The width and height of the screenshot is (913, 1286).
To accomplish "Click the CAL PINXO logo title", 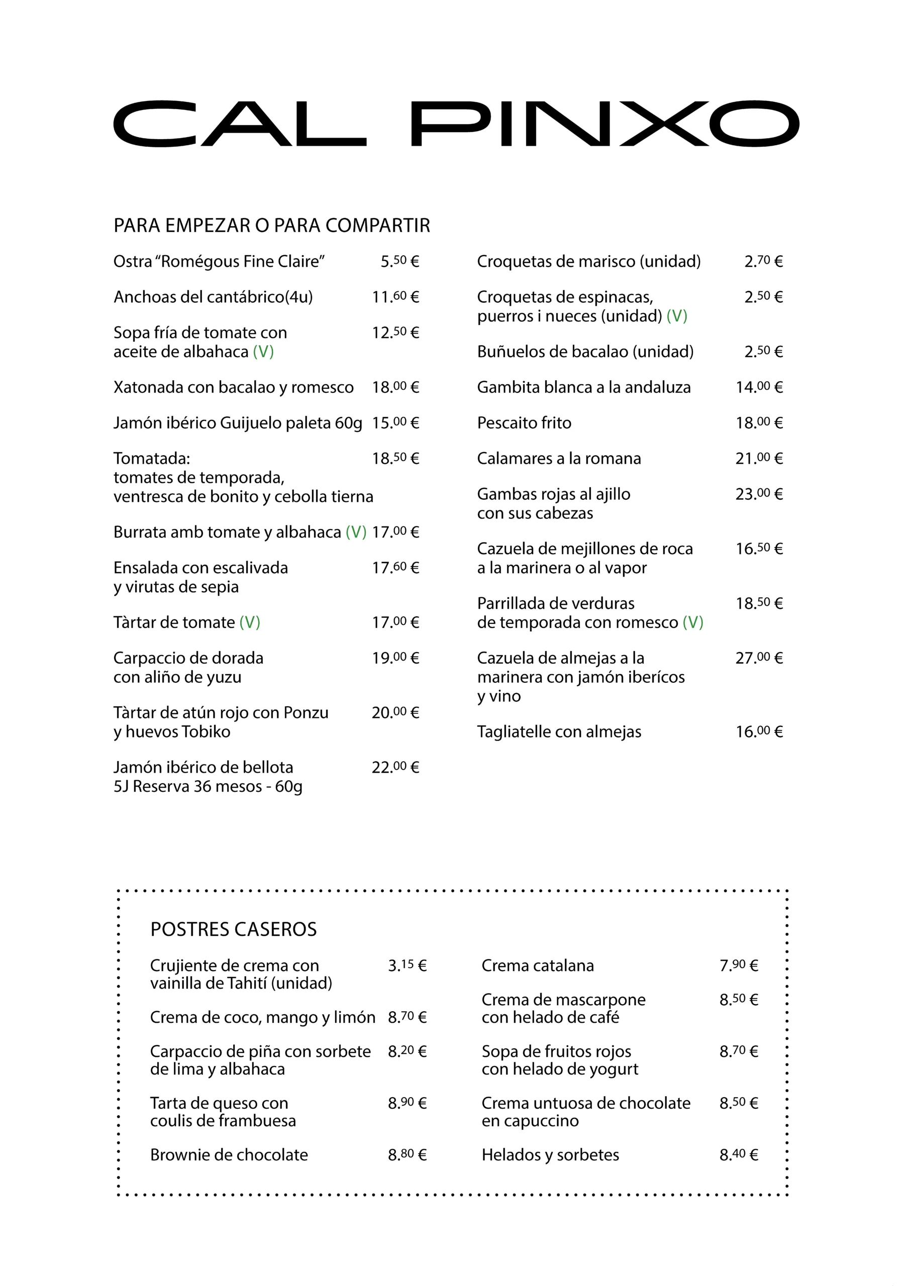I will pyautogui.click(x=456, y=124).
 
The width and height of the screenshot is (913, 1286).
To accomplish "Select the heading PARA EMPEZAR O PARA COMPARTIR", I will pyautogui.click(x=271, y=226).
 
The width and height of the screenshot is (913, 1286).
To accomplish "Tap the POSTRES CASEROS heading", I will pyautogui.click(x=233, y=929).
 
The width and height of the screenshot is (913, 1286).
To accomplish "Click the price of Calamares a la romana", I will pyautogui.click(x=759, y=459).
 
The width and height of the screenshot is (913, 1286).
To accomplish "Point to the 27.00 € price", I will pyautogui.click(x=759, y=658).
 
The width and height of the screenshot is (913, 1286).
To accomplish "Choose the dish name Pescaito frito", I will pyautogui.click(x=524, y=423).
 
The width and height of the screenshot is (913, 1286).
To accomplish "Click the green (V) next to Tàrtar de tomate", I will pyautogui.click(x=250, y=623).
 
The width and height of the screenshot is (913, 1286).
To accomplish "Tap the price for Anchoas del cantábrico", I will pyautogui.click(x=395, y=297).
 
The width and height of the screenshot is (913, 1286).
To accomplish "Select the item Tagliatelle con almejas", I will pyautogui.click(x=559, y=732).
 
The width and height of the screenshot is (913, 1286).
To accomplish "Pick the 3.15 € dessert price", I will pyautogui.click(x=407, y=966).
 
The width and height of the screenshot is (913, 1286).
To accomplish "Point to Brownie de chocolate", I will pyautogui.click(x=229, y=1155).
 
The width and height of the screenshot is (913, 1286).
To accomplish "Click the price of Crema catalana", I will pyautogui.click(x=739, y=966).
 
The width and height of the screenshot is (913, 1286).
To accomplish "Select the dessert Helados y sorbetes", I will pyautogui.click(x=550, y=1155).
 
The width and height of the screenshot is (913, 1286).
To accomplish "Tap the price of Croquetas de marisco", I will pyautogui.click(x=763, y=262).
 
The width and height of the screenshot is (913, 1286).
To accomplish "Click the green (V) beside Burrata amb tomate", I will pyautogui.click(x=356, y=532).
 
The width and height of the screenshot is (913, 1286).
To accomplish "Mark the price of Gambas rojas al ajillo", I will pyautogui.click(x=759, y=495).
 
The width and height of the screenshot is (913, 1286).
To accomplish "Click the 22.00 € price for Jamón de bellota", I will pyautogui.click(x=395, y=768).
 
